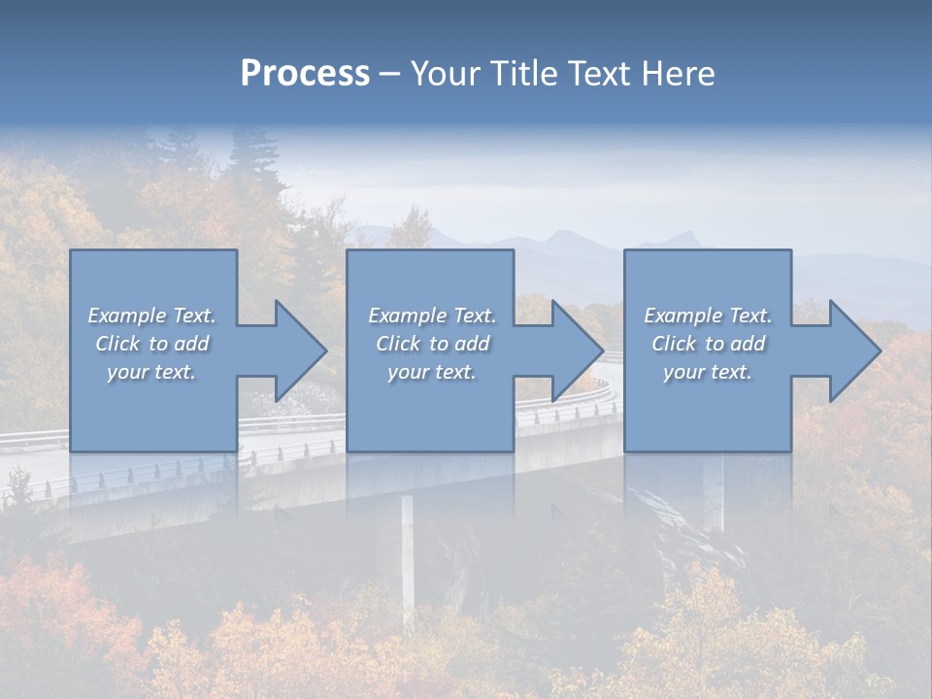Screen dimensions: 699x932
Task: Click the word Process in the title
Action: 305,74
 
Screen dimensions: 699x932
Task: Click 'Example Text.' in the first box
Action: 151,316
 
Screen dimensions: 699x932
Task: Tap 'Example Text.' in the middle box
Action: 432,316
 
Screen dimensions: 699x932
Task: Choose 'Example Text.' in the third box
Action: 708,316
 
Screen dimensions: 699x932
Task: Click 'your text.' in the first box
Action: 151,372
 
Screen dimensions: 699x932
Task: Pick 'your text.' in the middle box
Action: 432,372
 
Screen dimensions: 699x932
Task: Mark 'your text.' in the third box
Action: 708,372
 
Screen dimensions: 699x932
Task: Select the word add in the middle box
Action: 471,344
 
